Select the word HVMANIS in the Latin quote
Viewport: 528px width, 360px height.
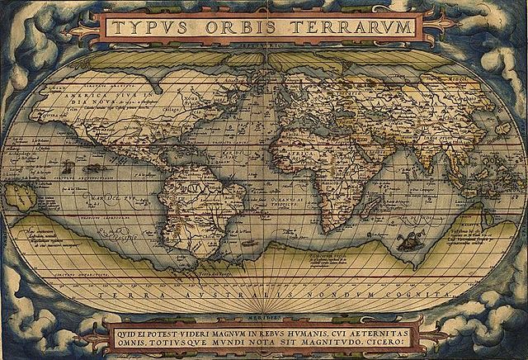(322, 324)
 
